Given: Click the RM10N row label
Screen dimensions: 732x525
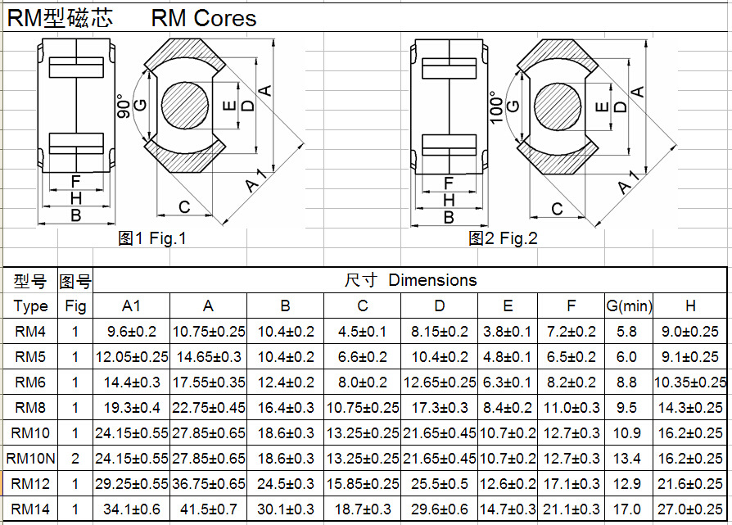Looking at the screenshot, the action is click(x=30, y=459).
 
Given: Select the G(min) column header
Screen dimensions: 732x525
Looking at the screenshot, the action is click(x=629, y=306).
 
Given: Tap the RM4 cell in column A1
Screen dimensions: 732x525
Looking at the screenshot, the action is click(x=131, y=332).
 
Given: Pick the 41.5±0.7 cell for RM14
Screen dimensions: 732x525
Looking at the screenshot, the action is click(x=208, y=509).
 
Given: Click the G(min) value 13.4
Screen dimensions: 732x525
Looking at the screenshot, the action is click(x=626, y=459).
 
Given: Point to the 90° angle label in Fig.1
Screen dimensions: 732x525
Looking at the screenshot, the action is click(x=124, y=106).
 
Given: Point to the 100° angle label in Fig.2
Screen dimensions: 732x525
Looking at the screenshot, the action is click(x=496, y=107).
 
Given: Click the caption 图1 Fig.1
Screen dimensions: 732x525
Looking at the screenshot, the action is click(x=152, y=238).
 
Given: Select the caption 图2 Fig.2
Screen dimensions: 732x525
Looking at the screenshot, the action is click(x=503, y=238).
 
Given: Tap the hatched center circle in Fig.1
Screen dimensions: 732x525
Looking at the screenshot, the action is click(x=185, y=105).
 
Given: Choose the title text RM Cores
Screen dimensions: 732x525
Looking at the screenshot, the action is click(x=204, y=18).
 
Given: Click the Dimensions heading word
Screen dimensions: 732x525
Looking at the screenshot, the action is click(x=432, y=280).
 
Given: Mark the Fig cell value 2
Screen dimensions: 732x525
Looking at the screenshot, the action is click(x=75, y=459).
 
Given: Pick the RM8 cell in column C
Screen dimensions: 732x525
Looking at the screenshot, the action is click(x=362, y=408).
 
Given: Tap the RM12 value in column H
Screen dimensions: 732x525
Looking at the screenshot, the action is click(x=690, y=484).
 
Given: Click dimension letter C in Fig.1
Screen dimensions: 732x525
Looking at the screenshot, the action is click(x=184, y=206).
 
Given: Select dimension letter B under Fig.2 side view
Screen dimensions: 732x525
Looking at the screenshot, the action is click(x=448, y=217).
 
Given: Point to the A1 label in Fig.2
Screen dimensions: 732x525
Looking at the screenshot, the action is click(x=629, y=182).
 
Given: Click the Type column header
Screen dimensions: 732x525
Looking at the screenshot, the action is click(x=30, y=306).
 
